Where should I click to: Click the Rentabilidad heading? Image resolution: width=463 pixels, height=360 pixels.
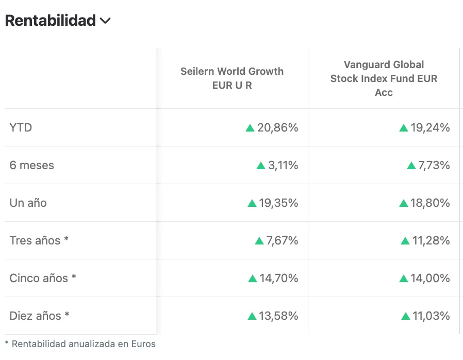click(x=51, y=21)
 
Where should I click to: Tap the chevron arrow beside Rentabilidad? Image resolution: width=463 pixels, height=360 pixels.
click(x=105, y=21)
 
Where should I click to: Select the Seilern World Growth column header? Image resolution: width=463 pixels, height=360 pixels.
click(x=232, y=78)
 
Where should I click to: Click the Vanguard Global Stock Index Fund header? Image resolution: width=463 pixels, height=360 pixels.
click(x=384, y=78)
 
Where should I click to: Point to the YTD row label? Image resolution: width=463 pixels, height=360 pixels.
click(x=21, y=127)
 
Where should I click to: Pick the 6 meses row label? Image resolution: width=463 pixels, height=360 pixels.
click(x=32, y=165)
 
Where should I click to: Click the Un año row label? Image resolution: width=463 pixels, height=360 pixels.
click(x=28, y=203)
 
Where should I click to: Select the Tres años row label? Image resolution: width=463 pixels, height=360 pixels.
click(x=39, y=240)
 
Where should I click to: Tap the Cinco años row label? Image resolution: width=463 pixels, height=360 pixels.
click(x=43, y=278)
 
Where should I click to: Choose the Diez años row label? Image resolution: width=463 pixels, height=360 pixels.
click(x=39, y=316)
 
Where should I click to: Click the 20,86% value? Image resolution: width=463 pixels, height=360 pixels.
click(x=277, y=127)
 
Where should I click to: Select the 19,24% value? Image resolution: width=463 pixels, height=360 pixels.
click(x=430, y=127)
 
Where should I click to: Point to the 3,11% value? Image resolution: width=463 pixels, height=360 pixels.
click(x=283, y=165)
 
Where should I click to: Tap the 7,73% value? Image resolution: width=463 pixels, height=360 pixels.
click(x=434, y=165)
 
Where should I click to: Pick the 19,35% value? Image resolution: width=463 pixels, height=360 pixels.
click(x=278, y=203)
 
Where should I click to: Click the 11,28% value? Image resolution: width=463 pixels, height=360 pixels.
click(x=431, y=240)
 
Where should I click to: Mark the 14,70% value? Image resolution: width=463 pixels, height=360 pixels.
click(x=278, y=278)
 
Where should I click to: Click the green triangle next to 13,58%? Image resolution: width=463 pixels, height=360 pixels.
click(x=252, y=316)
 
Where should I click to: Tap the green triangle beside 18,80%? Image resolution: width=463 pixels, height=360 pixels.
click(x=404, y=203)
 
